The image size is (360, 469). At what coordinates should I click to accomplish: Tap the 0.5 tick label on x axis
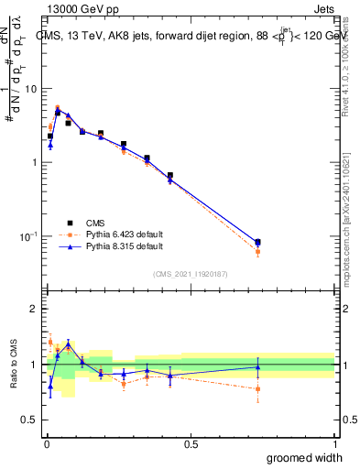click(x=191, y=443)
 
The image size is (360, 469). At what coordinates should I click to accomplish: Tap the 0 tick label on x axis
click(x=46, y=443)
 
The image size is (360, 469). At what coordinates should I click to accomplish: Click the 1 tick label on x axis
click(x=334, y=443)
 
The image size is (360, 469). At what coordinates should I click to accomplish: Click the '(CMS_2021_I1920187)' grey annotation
click(x=190, y=274)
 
